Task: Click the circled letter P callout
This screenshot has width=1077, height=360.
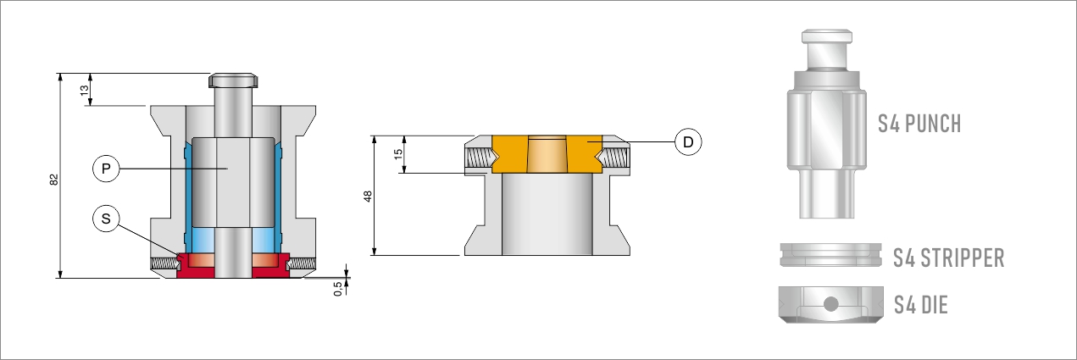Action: coord(106,169)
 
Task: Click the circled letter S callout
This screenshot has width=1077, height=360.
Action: coord(106,219)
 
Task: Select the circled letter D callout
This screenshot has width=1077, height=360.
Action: coord(688,141)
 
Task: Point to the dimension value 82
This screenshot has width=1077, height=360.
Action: coord(54,180)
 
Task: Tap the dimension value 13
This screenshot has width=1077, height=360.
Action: coord(84,90)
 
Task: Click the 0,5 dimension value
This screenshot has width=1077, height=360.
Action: coord(338,288)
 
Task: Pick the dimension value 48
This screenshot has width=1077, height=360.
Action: coord(368,197)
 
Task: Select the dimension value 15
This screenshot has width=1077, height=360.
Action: coord(398,154)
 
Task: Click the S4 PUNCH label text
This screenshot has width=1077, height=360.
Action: coord(919,124)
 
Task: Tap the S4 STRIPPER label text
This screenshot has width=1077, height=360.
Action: coord(949,258)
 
